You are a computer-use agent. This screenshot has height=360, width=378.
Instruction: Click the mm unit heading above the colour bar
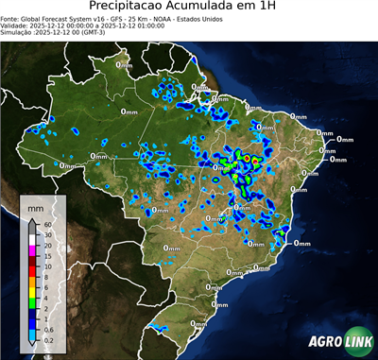[x=35, y=209]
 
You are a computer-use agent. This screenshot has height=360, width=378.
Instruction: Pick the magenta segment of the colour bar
[x=33, y=250]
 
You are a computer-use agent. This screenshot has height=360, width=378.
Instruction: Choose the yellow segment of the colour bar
[x=33, y=293]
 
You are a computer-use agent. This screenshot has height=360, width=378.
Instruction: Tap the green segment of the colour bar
[x=33, y=303]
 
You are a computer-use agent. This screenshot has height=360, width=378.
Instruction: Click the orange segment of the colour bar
[x=33, y=283]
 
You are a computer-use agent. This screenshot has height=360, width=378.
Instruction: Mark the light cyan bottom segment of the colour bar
[x=33, y=334]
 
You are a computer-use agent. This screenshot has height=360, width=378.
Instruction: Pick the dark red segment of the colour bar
[x=33, y=261]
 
